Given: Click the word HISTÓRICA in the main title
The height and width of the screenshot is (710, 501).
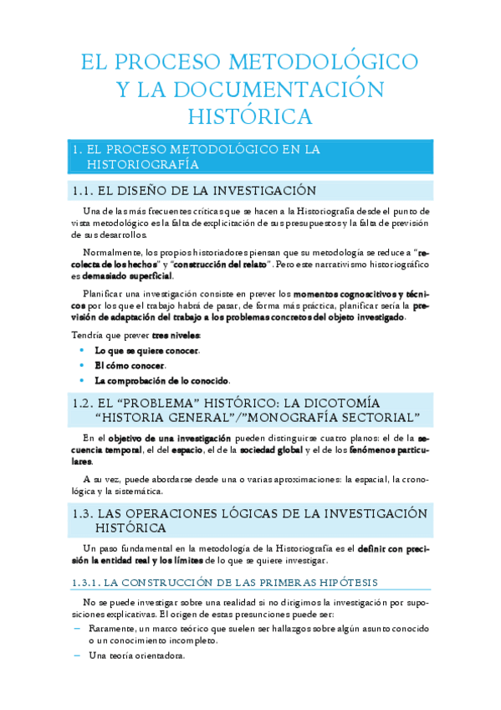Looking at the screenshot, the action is [x=249, y=115].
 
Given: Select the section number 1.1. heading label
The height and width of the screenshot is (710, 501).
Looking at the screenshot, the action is [x=84, y=190].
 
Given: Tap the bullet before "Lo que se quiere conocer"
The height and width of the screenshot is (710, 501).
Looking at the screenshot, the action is [x=81, y=351].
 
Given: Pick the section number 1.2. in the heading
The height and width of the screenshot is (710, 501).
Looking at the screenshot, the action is [x=84, y=403].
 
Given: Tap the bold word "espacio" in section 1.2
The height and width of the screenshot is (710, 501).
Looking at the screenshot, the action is [x=187, y=450].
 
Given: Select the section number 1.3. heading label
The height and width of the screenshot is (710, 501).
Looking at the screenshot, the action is [x=84, y=512].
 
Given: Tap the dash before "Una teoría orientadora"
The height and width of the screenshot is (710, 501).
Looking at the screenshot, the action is [x=78, y=655].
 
